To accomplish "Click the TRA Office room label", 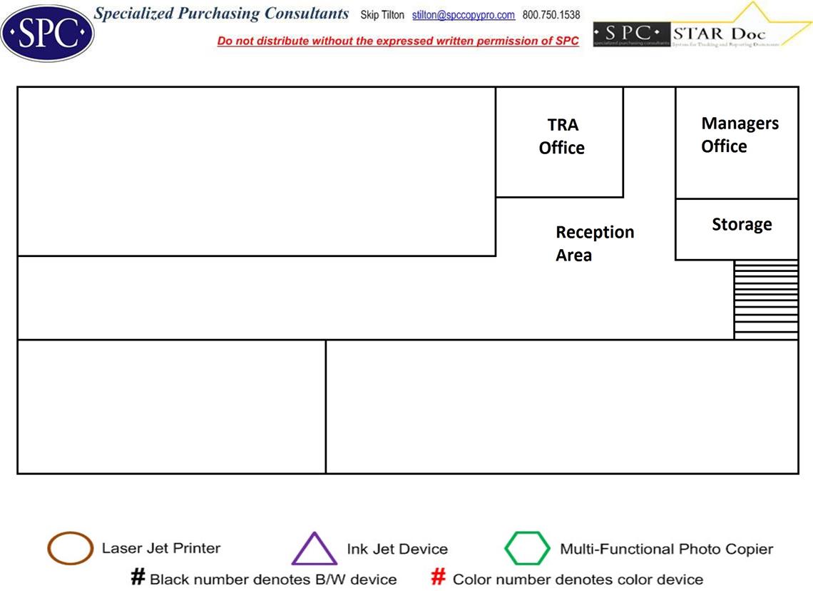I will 561,136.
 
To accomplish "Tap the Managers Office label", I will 739,134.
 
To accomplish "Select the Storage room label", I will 742,225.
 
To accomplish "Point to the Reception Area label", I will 594,243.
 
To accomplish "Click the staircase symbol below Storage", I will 766,300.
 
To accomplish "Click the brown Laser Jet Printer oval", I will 70,548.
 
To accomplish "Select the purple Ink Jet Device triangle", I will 314,550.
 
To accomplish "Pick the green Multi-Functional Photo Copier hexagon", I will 527,548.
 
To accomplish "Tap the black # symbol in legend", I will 138,577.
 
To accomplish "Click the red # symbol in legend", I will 439,577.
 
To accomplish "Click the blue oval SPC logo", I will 47,32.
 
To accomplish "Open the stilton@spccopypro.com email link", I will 464,15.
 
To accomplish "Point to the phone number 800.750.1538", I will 551,15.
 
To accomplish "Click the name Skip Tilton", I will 382,15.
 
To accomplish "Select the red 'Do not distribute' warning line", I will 398,41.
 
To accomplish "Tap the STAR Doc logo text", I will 718,33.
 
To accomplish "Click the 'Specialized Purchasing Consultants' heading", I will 222,14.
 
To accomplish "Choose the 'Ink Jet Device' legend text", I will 397,549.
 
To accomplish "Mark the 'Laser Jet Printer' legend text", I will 161,548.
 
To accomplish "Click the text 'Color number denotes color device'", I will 578,579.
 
